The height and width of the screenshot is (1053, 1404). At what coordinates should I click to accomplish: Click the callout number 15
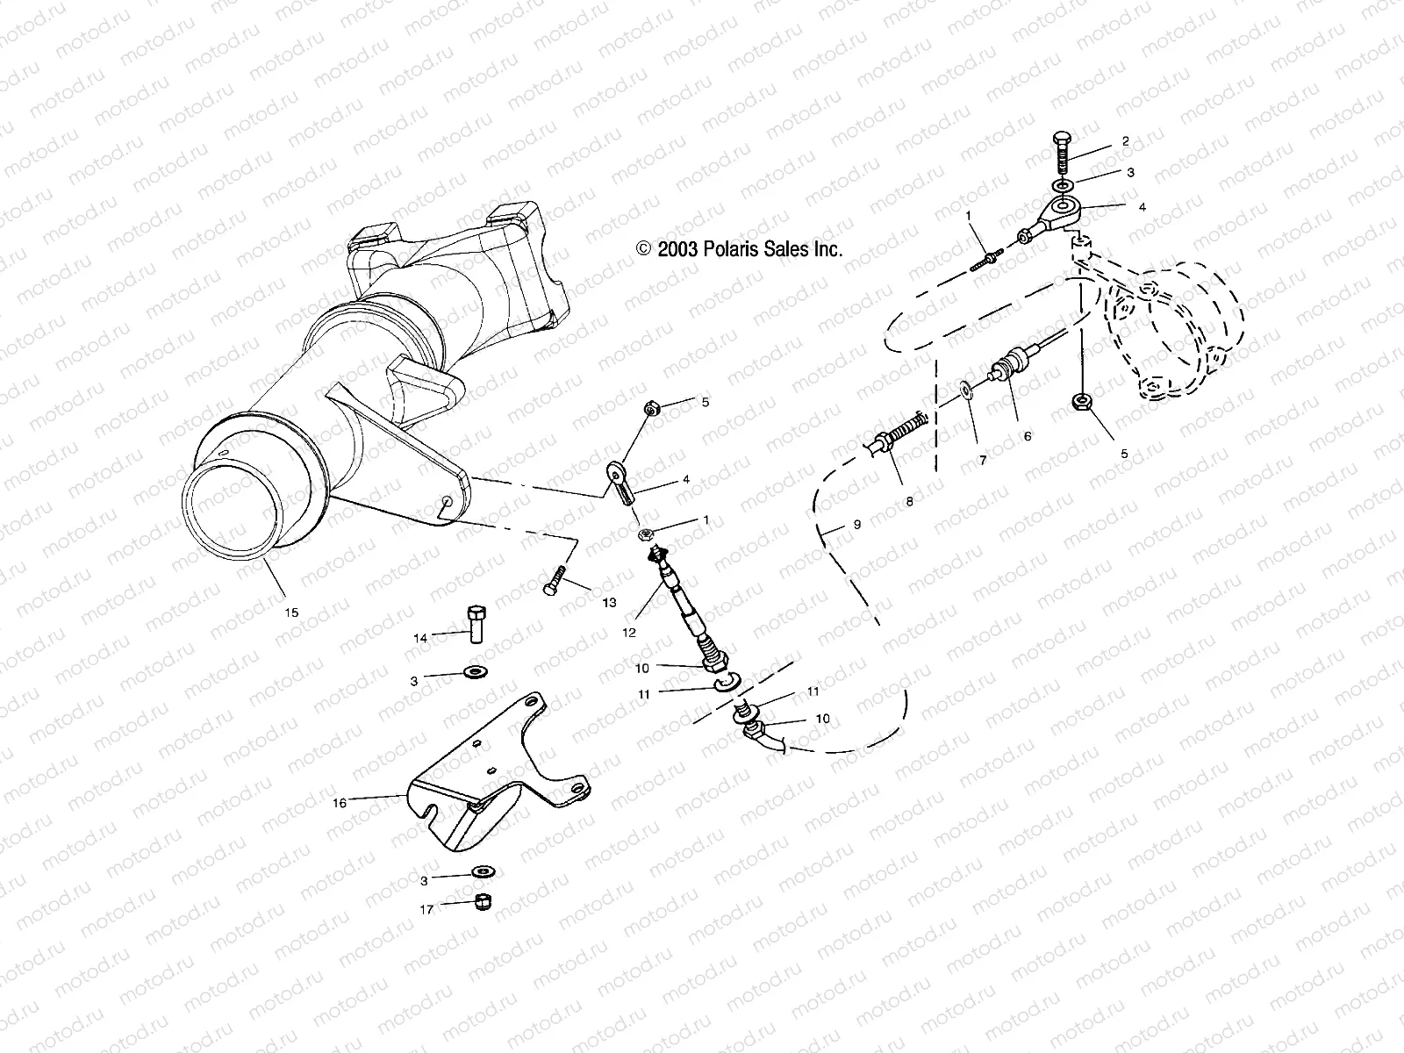pos(291,612)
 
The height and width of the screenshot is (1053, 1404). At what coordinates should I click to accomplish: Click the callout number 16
pos(340,802)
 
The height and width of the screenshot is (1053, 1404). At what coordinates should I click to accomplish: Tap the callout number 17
pos(426,910)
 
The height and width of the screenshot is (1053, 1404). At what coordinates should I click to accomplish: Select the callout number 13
pos(609,602)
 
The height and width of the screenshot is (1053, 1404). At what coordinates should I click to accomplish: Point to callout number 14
pos(420,639)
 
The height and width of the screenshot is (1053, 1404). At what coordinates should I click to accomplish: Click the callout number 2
pos(1125,141)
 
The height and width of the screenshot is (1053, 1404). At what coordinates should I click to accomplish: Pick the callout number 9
pos(857,524)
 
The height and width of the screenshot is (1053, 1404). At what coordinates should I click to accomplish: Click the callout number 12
pos(628,631)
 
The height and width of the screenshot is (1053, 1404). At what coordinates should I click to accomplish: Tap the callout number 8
pos(909,501)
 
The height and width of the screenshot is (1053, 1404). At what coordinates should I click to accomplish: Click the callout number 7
pos(983,459)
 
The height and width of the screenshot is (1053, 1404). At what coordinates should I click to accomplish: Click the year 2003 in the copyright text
pos(677,249)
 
